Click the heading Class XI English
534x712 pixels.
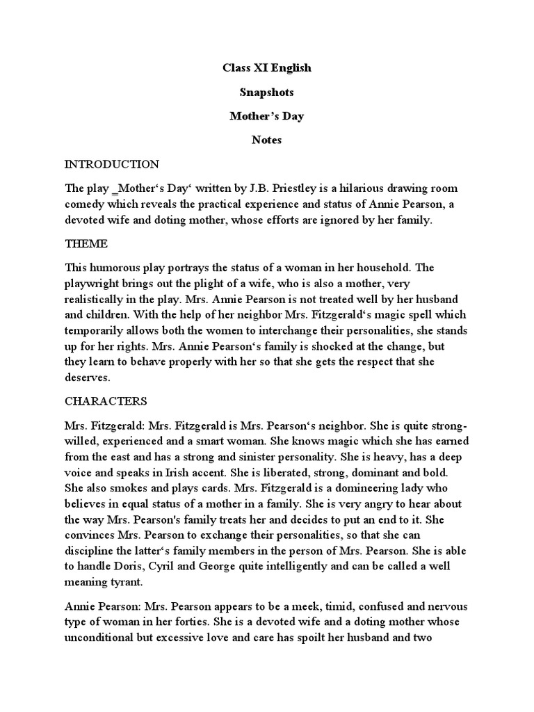[x=267, y=68]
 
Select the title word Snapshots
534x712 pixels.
[x=267, y=92]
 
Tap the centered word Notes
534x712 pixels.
[x=267, y=140]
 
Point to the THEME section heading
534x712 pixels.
[x=87, y=244]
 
